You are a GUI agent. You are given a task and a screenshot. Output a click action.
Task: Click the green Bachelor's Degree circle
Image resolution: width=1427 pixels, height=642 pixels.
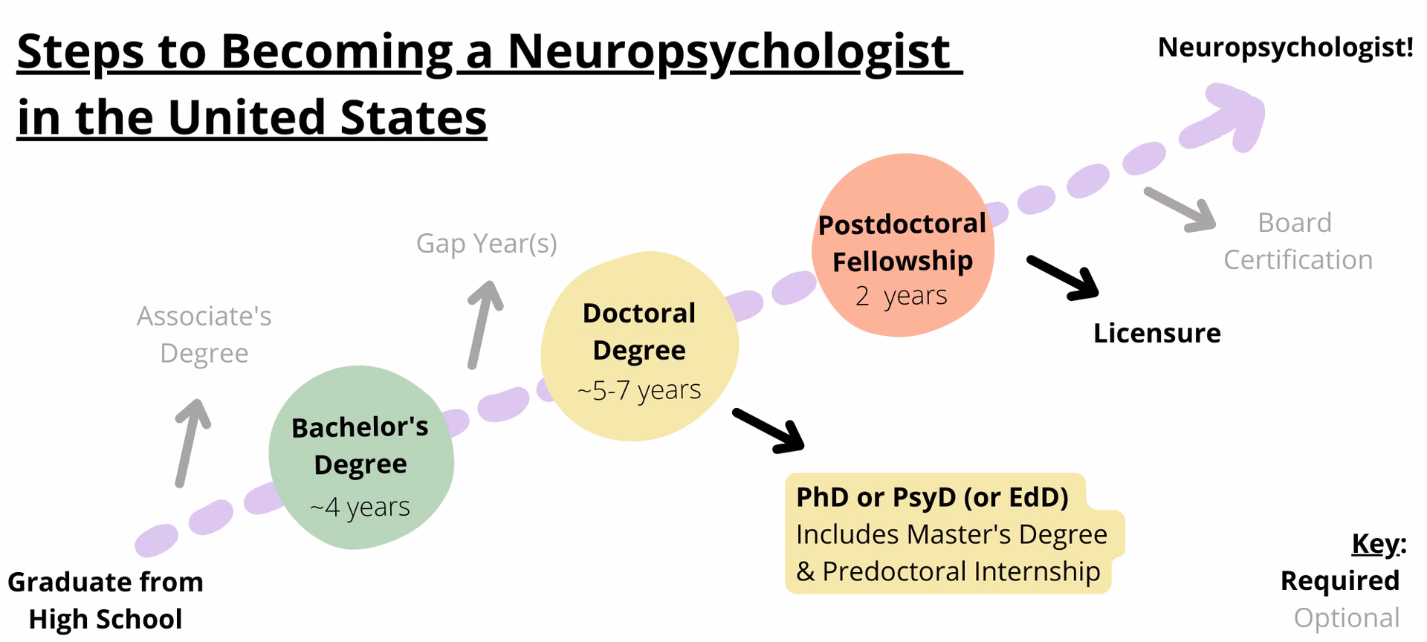(x=361, y=458)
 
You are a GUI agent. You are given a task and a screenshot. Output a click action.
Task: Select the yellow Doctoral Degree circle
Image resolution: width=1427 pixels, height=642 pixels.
(x=639, y=346)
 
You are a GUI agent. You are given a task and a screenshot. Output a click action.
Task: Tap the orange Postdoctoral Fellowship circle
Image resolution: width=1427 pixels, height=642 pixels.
(x=902, y=245)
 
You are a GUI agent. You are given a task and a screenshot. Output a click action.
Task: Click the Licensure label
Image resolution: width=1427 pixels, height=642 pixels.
(x=1156, y=333)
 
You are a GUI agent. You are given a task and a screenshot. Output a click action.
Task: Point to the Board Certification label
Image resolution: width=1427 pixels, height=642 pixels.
(x=1297, y=241)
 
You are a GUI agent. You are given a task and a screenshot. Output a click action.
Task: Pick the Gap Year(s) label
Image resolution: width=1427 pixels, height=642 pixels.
(x=486, y=243)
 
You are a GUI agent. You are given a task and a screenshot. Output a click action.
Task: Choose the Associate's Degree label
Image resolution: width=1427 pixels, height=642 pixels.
(x=204, y=334)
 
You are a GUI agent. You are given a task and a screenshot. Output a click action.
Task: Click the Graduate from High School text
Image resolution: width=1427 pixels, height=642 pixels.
(x=106, y=600)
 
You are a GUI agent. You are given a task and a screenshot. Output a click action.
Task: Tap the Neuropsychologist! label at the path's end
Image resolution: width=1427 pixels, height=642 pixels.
(x=1285, y=47)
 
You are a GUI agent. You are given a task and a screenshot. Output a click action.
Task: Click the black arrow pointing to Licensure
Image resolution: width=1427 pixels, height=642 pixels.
(x=1063, y=278)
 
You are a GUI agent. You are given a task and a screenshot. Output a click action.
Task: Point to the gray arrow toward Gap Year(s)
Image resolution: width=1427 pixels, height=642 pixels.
(x=484, y=323)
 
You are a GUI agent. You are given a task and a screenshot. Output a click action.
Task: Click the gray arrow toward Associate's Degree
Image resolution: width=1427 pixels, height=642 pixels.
(x=192, y=442)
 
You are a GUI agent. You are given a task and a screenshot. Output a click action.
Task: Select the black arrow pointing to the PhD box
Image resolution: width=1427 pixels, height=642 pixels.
(x=768, y=430)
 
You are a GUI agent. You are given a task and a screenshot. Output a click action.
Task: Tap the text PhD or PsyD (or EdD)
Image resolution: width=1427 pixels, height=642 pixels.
(x=932, y=497)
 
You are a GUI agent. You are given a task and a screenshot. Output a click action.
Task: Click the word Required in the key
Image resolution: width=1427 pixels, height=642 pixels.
(x=1339, y=580)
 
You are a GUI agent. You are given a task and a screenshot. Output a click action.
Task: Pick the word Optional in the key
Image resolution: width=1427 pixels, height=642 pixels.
(x=1346, y=617)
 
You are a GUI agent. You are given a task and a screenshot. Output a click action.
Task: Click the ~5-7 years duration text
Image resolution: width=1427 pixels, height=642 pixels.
(x=639, y=389)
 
